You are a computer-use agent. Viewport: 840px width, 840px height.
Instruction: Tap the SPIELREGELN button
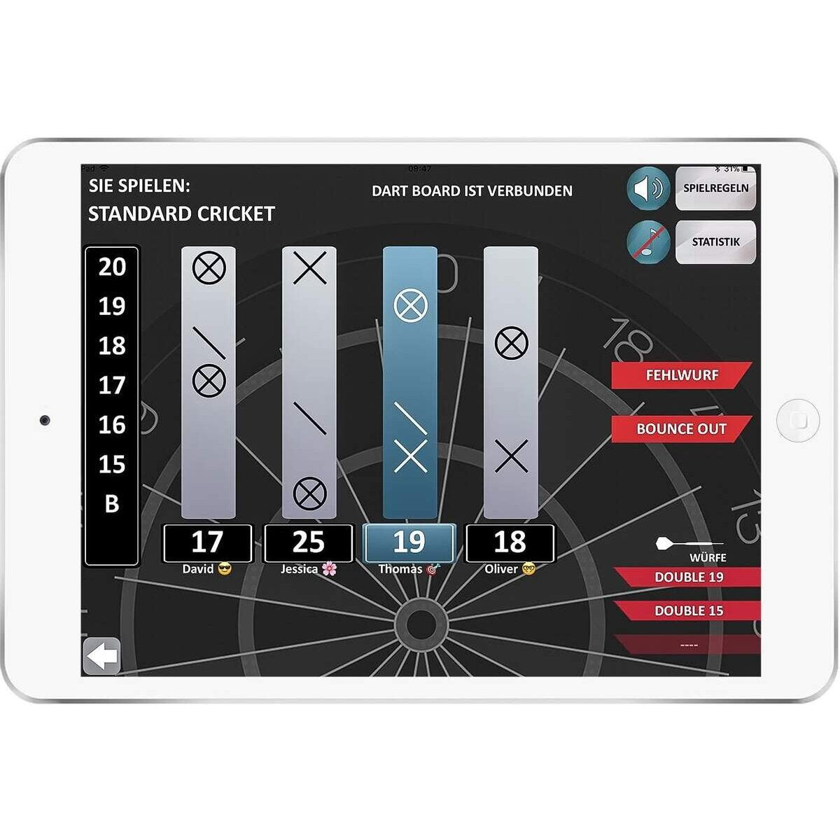(x=715, y=188)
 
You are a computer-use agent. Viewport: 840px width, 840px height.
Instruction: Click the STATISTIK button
(x=715, y=242)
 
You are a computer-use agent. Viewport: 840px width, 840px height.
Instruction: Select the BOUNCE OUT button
(x=680, y=429)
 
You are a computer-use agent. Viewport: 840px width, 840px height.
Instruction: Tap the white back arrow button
(x=101, y=657)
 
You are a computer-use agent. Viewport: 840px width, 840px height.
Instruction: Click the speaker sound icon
(x=648, y=188)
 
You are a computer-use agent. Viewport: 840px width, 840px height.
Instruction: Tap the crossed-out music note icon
(x=648, y=242)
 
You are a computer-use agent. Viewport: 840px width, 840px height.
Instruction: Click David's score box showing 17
(x=207, y=542)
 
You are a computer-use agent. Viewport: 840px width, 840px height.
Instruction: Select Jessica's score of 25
(x=308, y=542)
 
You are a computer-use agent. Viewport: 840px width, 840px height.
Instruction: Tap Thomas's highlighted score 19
(x=409, y=542)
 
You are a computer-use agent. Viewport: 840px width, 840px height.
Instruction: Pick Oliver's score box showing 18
(x=510, y=542)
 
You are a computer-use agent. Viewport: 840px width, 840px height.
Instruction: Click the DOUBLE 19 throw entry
(x=688, y=577)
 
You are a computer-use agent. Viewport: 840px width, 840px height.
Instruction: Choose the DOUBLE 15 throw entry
(x=688, y=610)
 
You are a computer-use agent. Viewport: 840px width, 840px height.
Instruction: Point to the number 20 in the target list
(x=112, y=267)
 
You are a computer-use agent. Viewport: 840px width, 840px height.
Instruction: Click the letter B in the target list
(x=112, y=503)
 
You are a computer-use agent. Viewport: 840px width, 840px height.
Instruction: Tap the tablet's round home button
(x=797, y=421)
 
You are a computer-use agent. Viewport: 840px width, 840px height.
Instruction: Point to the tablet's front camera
(x=45, y=420)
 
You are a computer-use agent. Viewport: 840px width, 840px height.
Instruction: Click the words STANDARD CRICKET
(x=181, y=213)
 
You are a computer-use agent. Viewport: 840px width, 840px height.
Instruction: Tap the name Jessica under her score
(x=300, y=569)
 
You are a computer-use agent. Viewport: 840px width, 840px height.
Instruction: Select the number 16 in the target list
(x=112, y=425)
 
